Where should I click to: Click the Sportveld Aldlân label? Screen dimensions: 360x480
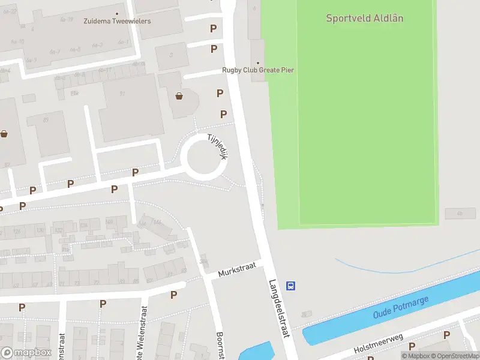pyautogui.click(x=364, y=18)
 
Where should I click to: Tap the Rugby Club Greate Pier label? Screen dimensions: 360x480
pyautogui.click(x=258, y=70)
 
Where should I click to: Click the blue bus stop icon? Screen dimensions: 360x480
pyautogui.click(x=291, y=286)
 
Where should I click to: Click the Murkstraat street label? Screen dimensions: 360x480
pyautogui.click(x=238, y=272)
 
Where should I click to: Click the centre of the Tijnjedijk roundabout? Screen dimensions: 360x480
pyautogui.click(x=204, y=157)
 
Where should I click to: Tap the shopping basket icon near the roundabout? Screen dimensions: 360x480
pyautogui.click(x=179, y=95)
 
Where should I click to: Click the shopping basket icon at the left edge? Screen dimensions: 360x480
pyautogui.click(x=4, y=134)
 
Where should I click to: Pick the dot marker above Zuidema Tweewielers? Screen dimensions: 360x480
pyautogui.click(x=117, y=13)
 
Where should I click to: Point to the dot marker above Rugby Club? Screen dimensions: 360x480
pyautogui.click(x=258, y=63)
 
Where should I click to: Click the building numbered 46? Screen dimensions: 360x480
pyautogui.click(x=460, y=213)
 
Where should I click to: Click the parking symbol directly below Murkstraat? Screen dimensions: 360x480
pyautogui.click(x=173, y=295)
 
